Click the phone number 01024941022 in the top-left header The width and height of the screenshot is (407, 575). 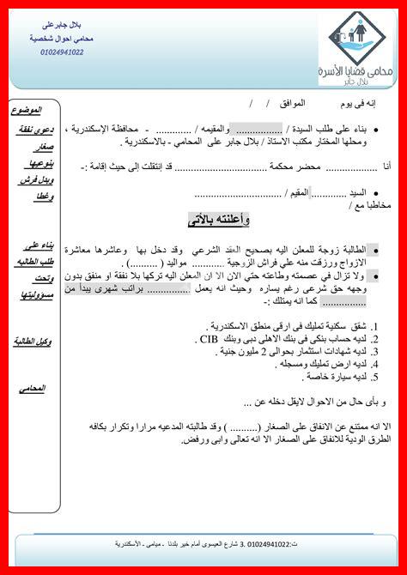pos(61,52)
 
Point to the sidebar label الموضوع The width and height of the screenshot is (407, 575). pos(32,112)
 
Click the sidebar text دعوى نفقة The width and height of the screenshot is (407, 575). pos(35,130)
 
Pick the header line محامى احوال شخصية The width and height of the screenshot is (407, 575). pos(62,39)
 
